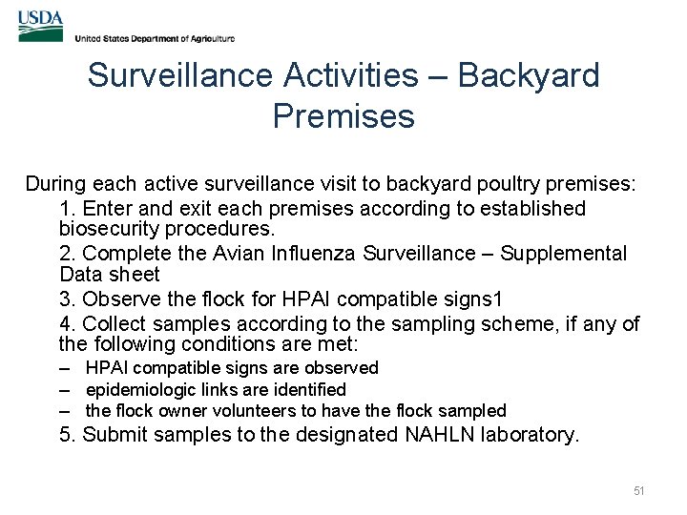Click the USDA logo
[40, 27]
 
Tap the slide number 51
[639, 491]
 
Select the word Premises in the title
[343, 116]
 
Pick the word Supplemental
[564, 254]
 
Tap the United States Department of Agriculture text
[155, 39]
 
